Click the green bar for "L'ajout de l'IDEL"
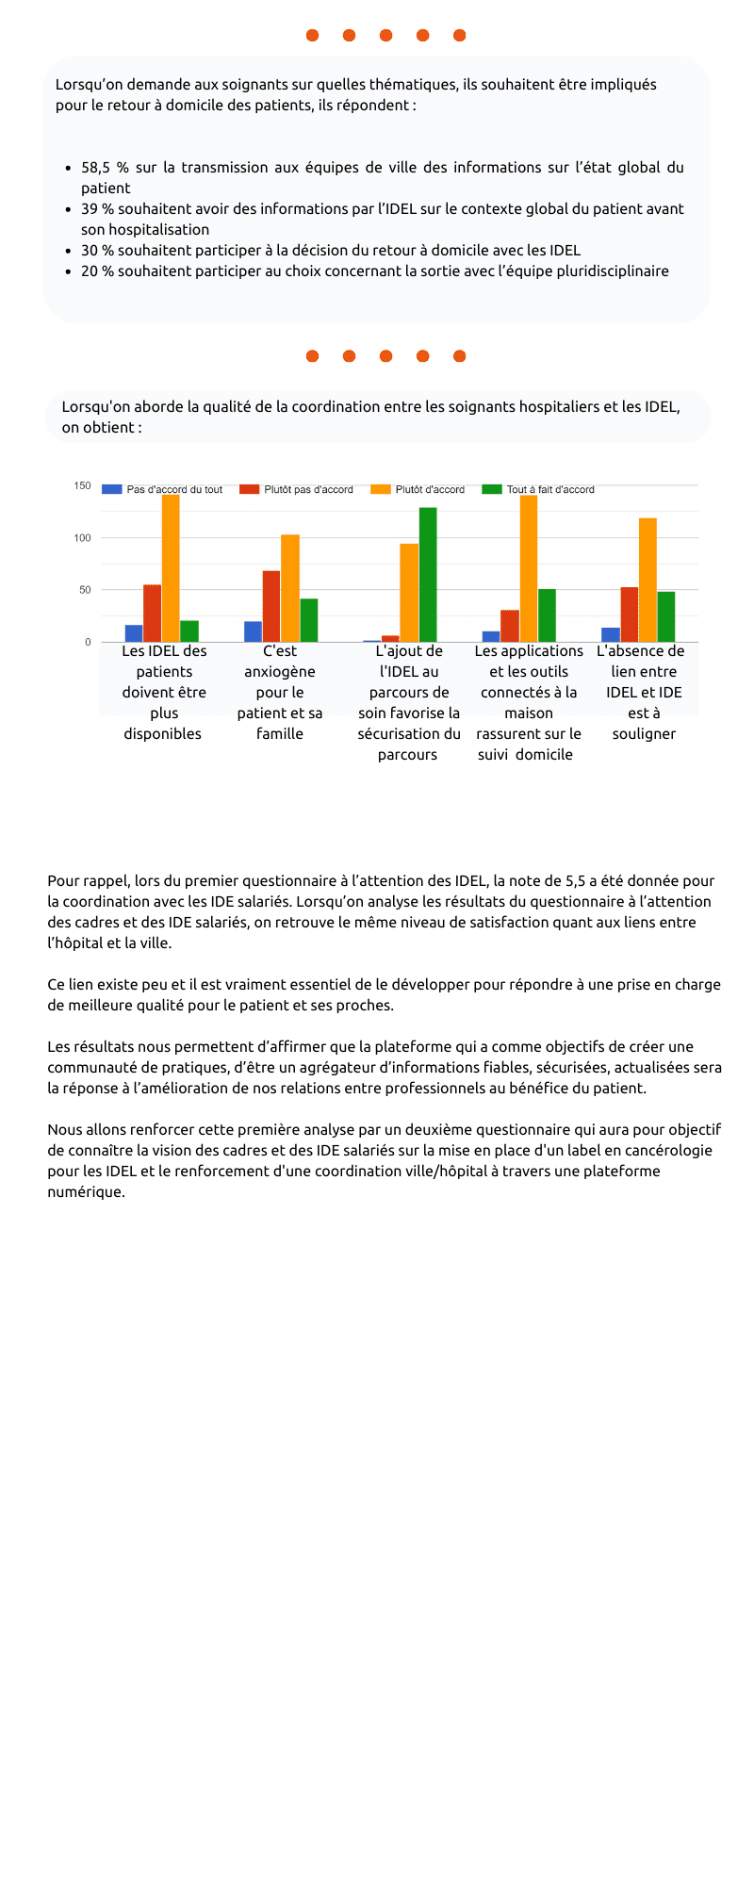coord(428,575)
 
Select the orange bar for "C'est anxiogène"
coord(290,588)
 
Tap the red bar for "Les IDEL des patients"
coord(152,613)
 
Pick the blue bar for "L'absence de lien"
coord(611,634)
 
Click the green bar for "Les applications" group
coord(547,615)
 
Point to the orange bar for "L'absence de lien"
coord(647,580)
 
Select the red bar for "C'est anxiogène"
coord(271,606)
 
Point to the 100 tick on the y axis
coord(83,538)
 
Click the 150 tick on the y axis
coord(83,486)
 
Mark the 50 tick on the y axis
coord(86,590)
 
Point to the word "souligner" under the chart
coord(644,734)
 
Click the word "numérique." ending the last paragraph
coord(86,1192)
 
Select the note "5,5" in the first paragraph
coord(575,881)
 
